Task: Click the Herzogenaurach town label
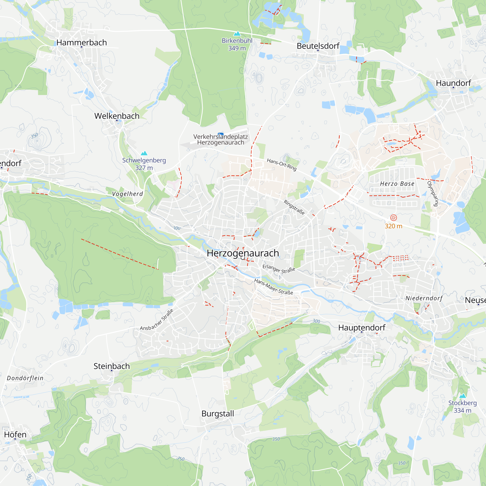(x=243, y=253)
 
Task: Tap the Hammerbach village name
(x=81, y=43)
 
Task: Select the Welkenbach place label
(x=117, y=116)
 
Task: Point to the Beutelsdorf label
(x=318, y=46)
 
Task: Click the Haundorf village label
(x=453, y=83)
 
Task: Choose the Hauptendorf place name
(x=362, y=328)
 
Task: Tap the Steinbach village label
(x=112, y=366)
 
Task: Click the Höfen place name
(x=15, y=434)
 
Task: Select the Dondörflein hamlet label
(x=25, y=378)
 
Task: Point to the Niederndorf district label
(x=424, y=298)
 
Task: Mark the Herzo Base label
(x=397, y=184)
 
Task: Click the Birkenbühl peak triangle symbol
(x=237, y=34)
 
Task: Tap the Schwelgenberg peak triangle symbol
(x=144, y=153)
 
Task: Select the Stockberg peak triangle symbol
(x=463, y=396)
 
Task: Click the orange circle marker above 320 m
(x=393, y=217)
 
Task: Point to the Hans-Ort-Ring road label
(x=281, y=164)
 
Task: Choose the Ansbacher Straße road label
(x=157, y=320)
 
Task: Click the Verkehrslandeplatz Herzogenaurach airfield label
(x=221, y=140)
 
